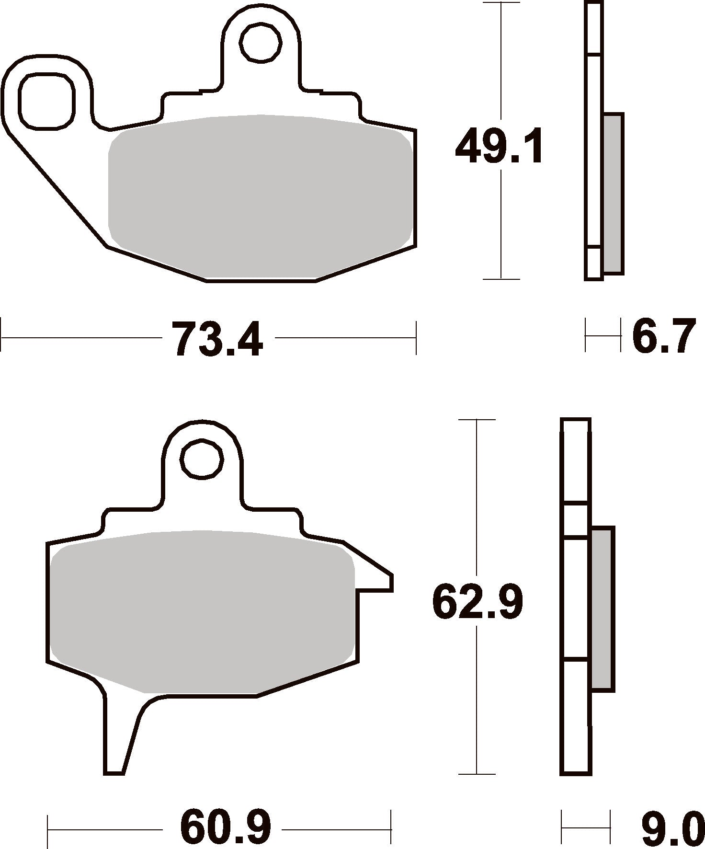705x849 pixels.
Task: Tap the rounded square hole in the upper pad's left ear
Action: [x=46, y=101]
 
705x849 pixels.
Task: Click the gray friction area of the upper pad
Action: [x=260, y=196]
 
